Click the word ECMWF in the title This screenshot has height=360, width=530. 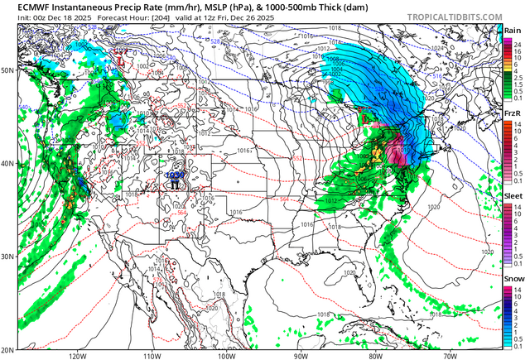[23, 7]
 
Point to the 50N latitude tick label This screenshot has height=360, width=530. [7, 71]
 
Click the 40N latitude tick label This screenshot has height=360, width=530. [7, 164]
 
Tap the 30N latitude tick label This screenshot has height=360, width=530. [7, 257]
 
